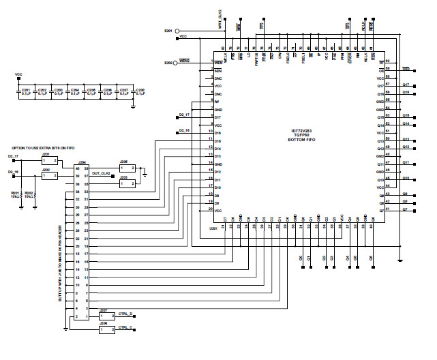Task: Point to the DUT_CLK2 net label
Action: coord(102,173)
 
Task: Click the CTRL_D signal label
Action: coord(126,313)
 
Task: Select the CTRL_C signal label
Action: coord(126,327)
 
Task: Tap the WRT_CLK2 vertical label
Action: coord(220,14)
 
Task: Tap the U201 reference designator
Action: coord(213,229)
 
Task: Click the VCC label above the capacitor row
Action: coord(18,74)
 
